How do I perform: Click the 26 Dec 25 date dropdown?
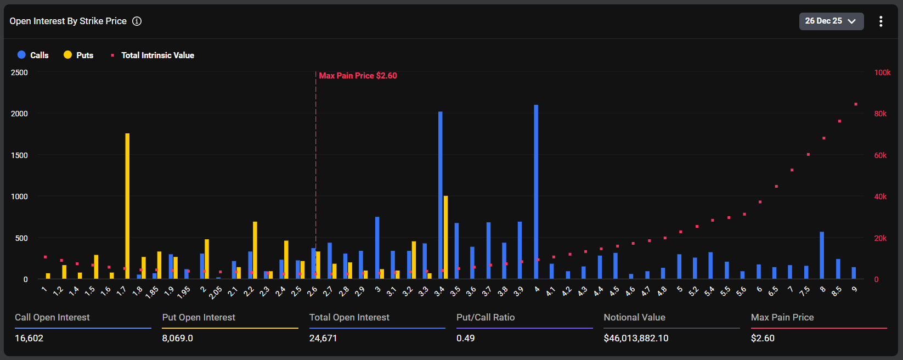(831, 21)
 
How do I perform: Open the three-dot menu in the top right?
(881, 21)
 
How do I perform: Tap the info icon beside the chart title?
(137, 21)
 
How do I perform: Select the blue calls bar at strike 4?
(536, 192)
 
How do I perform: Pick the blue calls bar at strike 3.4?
(441, 195)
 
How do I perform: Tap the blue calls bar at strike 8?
(822, 255)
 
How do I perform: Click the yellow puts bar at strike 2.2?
(255, 250)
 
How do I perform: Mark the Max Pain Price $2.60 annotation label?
(358, 76)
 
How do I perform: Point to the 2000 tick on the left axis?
(19, 114)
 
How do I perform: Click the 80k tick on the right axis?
(880, 114)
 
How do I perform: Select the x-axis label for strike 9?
(855, 289)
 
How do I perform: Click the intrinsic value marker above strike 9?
(856, 104)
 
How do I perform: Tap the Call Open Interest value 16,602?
(29, 338)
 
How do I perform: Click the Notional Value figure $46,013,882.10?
(636, 338)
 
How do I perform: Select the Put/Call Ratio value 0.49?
(466, 338)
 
